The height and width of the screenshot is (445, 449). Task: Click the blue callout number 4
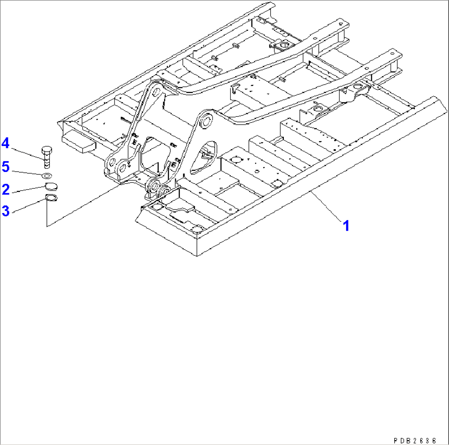click(5, 144)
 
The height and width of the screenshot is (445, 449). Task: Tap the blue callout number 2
click(5, 189)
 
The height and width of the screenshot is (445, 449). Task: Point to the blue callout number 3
click(5, 211)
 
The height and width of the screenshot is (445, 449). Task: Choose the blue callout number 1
click(346, 225)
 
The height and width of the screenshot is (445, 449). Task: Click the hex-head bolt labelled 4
click(46, 157)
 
